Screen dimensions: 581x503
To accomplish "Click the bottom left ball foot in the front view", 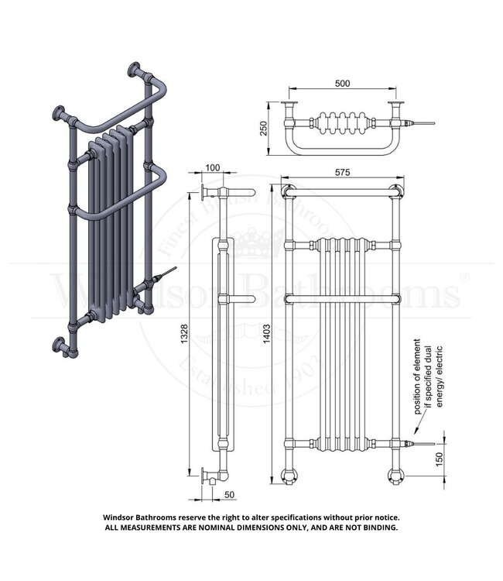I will tap(290, 474).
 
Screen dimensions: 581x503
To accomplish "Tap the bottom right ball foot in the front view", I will tap(393, 474).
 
